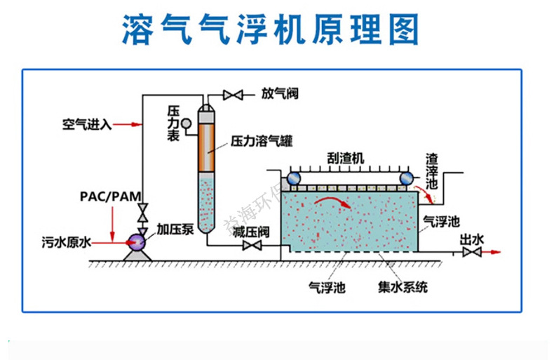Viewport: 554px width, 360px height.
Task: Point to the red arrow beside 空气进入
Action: point(129,125)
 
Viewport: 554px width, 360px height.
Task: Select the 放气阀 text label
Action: point(280,93)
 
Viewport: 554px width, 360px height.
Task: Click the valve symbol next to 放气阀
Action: point(232,94)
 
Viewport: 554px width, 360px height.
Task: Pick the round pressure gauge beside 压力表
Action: point(187,124)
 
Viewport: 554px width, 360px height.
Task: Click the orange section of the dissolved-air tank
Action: point(205,148)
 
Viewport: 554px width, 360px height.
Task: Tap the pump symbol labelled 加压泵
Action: point(136,243)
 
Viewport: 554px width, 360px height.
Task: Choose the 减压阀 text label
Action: point(252,232)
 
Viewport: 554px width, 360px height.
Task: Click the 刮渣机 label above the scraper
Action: point(345,159)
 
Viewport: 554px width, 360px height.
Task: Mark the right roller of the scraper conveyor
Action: point(405,178)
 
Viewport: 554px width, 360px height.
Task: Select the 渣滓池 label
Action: point(433,172)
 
